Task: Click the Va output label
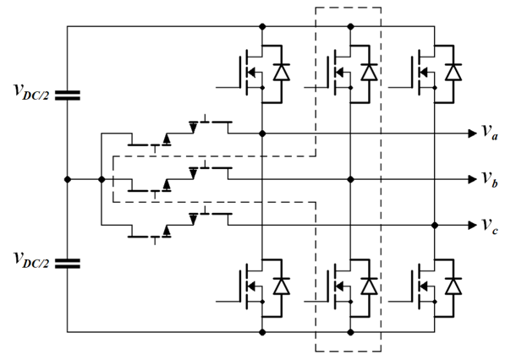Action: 490,133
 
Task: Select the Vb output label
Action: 490,179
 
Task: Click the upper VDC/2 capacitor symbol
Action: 68,95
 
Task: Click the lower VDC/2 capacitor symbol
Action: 68,264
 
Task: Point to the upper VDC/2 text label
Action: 31,92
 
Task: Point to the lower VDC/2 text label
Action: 31,260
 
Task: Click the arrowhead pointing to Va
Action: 473,134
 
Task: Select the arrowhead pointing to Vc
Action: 473,225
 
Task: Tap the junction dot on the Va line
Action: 262,134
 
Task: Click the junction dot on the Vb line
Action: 351,179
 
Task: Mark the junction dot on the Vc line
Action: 435,225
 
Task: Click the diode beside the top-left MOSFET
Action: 282,72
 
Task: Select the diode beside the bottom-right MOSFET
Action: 453,286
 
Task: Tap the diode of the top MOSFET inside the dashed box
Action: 369,72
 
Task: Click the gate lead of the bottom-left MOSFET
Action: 228,302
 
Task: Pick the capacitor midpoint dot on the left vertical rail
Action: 68,179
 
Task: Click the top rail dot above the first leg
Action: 262,26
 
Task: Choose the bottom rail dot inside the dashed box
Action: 351,332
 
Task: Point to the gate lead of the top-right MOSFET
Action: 400,87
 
